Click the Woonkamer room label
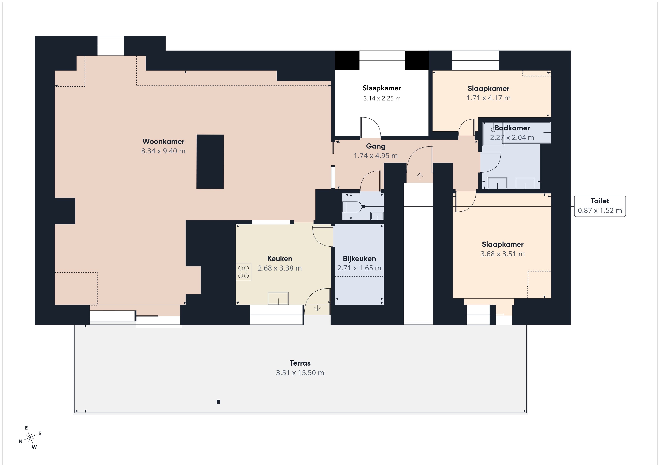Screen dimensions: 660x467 click(163, 141)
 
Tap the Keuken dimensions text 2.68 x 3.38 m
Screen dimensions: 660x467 click(280, 268)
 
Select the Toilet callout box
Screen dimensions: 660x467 click(600, 206)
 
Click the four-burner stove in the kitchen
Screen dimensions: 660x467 click(243, 272)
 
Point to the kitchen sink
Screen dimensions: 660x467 click(278, 298)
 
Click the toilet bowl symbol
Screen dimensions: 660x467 click(354, 207)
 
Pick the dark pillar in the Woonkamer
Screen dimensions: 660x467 click(210, 162)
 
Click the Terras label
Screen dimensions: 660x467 click(300, 363)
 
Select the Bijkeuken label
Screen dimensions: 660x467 click(359, 259)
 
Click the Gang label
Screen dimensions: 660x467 click(376, 146)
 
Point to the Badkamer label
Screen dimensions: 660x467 click(512, 128)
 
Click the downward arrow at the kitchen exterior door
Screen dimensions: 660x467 click(317, 308)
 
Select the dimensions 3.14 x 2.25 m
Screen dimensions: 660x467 click(382, 98)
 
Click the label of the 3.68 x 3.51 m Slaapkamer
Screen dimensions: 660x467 click(502, 244)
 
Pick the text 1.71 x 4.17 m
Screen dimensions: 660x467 click(488, 98)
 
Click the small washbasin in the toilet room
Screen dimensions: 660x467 click(377, 216)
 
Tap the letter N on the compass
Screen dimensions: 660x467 click(21, 441)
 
